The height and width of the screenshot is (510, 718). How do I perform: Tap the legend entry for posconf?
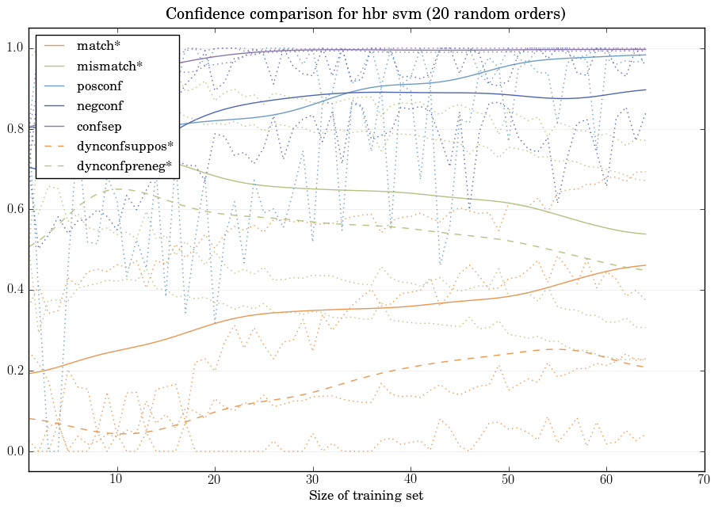click(x=99, y=86)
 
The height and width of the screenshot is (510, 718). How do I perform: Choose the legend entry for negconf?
click(x=100, y=105)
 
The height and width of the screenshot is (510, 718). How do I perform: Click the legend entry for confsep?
click(x=99, y=125)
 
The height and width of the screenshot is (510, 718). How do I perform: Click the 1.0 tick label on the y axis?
click(x=15, y=48)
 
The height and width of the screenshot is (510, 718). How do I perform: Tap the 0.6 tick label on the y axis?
click(x=15, y=210)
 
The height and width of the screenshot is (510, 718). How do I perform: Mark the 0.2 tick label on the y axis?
click(x=15, y=371)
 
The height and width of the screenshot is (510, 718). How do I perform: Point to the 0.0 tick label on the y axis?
click(x=15, y=452)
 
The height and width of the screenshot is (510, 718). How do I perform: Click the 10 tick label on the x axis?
click(x=116, y=479)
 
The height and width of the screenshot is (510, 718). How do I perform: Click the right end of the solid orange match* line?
click(x=646, y=265)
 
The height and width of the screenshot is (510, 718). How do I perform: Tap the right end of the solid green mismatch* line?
click(x=646, y=234)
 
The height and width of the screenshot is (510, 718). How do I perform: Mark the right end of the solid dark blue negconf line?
click(x=646, y=89)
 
